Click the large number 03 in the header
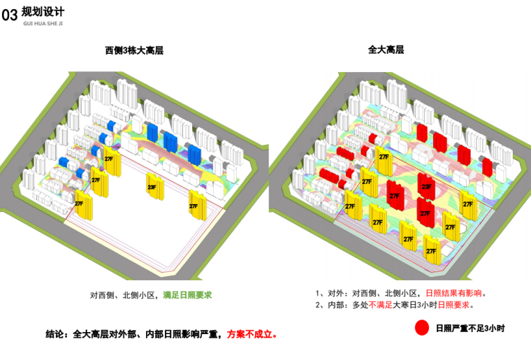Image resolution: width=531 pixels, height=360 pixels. pos(10,16)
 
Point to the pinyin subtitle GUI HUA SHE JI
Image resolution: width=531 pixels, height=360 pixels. pos(41,22)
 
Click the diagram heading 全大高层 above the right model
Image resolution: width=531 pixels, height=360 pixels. pos(386,50)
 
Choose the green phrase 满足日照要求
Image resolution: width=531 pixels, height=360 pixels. pos(187,296)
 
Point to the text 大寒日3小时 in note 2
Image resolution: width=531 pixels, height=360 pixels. pos(414,305)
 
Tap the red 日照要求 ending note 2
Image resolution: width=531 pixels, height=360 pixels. pos(456,305)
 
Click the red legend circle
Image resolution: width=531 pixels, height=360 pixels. pos(421,327)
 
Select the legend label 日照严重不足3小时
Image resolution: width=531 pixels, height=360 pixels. pos(470,327)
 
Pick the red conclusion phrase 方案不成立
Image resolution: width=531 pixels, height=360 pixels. pos(251,334)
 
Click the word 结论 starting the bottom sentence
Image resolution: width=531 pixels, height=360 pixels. pos(54,334)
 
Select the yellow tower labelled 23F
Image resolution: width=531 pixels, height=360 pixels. pos(153,189)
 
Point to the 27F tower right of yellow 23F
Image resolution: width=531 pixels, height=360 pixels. pos(194,205)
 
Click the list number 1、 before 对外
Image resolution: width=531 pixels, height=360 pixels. pos(321,294)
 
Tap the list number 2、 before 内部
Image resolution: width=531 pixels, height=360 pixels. pos(321,305)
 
